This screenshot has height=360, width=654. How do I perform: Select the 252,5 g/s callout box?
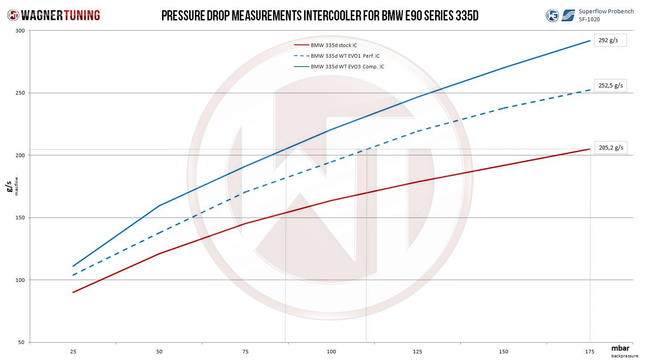click(610, 85)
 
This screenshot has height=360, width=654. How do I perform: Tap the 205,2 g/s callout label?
click(610, 148)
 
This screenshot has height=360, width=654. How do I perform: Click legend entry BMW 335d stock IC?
click(333, 45)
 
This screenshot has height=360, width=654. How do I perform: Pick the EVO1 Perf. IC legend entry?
click(345, 56)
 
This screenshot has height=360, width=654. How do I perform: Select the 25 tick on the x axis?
click(73, 352)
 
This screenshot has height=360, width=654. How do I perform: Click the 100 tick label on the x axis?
click(331, 352)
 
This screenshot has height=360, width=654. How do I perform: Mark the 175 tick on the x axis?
click(590, 352)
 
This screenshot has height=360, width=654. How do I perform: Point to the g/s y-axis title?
click(10, 186)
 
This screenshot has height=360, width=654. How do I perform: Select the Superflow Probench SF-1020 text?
click(606, 15)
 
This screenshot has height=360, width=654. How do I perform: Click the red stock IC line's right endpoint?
click(590, 149)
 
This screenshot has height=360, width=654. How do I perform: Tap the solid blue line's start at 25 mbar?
click(73, 266)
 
